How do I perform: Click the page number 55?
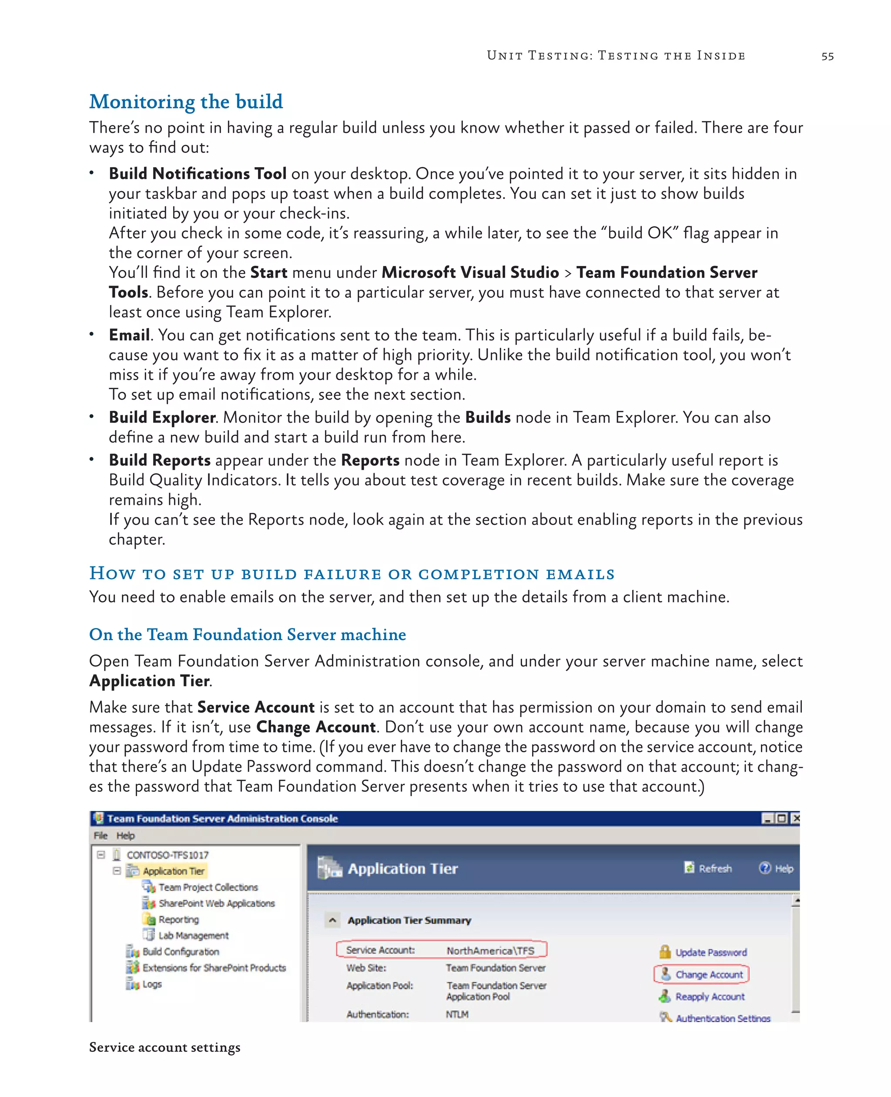(827, 56)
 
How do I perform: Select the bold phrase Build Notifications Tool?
(197, 174)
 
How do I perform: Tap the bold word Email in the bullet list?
(129, 335)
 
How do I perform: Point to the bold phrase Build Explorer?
(162, 417)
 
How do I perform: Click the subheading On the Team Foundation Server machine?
(248, 634)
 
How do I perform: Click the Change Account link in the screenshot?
(708, 974)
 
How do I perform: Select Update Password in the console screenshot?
(710, 952)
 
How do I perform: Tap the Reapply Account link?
(709, 996)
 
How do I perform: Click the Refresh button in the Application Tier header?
(714, 868)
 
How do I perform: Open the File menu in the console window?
(100, 835)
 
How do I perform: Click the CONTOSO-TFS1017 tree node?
(167, 855)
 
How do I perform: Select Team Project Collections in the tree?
(208, 887)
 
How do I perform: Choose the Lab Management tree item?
(193, 935)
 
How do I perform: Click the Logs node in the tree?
(152, 984)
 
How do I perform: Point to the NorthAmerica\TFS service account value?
(490, 951)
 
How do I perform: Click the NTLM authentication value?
(457, 1014)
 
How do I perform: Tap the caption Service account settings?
(164, 1047)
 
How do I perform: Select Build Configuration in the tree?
(181, 952)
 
